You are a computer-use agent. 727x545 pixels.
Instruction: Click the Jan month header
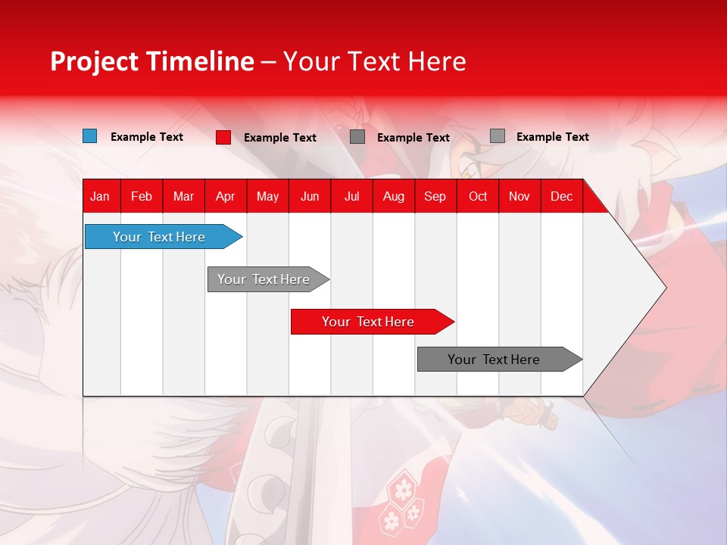[100, 196]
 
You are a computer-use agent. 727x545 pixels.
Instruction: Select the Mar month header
[183, 196]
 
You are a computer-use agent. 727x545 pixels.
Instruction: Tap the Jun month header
[310, 196]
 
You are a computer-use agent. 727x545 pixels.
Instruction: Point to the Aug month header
[393, 196]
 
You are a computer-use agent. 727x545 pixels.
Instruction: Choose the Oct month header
[478, 196]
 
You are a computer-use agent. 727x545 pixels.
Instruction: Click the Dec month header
[561, 196]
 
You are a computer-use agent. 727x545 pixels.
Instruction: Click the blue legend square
[89, 136]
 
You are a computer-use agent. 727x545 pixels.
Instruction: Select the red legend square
[223, 137]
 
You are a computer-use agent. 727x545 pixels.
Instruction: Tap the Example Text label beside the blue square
[147, 137]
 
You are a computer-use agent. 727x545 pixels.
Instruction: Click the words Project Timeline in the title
[151, 61]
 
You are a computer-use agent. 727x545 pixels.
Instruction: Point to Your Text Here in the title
[374, 61]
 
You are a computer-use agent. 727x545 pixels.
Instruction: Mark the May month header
[267, 196]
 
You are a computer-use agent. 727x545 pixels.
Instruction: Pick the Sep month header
[435, 196]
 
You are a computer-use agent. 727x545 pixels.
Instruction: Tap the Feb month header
[142, 196]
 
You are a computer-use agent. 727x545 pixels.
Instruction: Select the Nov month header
[519, 196]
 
